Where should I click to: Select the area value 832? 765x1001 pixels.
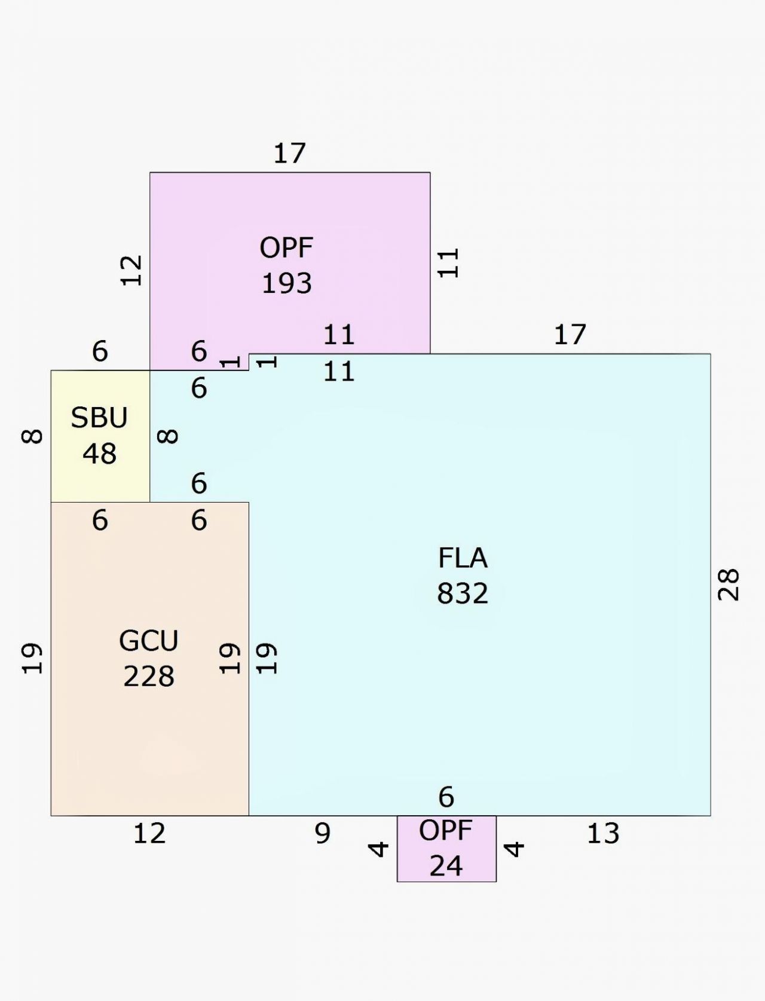(463, 593)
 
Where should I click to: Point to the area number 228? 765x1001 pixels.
(149, 676)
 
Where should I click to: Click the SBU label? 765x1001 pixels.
(99, 417)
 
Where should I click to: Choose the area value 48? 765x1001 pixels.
(99, 454)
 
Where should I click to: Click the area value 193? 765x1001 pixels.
(287, 283)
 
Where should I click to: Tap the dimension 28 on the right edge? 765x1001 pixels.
(728, 584)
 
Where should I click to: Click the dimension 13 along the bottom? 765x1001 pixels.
(603, 834)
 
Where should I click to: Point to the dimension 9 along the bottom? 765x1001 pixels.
(322, 834)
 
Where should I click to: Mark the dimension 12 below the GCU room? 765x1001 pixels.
(149, 834)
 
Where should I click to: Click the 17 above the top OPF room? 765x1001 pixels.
(289, 153)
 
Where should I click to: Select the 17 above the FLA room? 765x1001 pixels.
(570, 334)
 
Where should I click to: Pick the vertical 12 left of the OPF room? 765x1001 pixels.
(131, 271)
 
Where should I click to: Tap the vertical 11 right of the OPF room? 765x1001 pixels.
(448, 263)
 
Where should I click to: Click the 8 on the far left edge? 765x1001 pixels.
(32, 436)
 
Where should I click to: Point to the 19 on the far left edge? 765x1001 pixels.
(32, 659)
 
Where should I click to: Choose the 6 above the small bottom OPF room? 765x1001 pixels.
(446, 797)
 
